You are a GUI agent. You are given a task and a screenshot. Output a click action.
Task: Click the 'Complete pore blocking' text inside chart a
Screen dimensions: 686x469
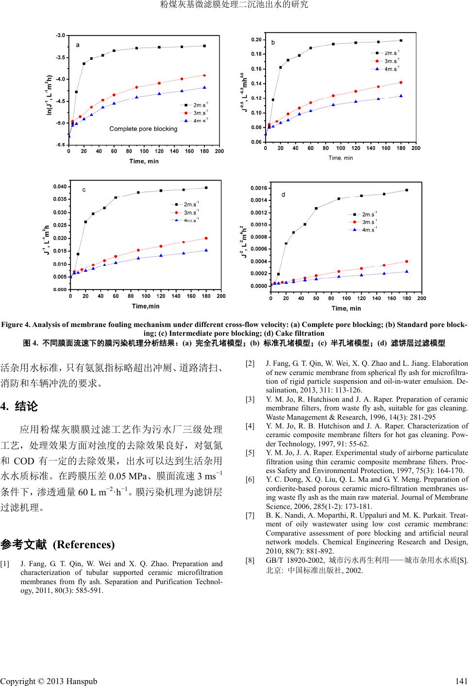click(x=143, y=129)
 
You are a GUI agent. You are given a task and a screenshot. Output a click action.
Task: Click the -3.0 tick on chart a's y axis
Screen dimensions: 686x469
click(x=61, y=35)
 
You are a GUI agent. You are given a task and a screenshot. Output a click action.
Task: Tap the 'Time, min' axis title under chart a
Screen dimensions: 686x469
click(x=144, y=162)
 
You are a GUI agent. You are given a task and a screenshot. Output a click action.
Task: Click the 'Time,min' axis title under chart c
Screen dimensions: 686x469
click(x=146, y=306)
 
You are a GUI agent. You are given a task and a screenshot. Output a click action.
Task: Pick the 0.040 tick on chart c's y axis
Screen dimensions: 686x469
click(x=59, y=187)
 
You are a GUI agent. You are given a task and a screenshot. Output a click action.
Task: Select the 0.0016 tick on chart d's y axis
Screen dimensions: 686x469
click(x=258, y=188)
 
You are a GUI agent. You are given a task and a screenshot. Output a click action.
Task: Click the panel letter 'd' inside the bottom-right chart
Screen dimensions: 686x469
click(x=283, y=195)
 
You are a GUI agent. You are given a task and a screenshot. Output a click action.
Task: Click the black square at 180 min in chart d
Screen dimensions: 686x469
click(x=406, y=190)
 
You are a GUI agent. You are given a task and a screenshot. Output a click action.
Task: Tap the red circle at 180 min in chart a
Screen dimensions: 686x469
click(x=204, y=75)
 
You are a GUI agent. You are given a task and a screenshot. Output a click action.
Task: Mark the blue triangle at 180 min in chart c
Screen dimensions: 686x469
click(x=206, y=250)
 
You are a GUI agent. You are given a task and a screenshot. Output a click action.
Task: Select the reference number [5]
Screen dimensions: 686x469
click(x=250, y=453)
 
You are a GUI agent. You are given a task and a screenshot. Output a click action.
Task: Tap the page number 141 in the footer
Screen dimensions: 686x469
click(x=461, y=681)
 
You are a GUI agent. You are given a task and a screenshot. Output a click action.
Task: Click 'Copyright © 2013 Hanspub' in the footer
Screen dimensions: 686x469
click(x=49, y=681)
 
